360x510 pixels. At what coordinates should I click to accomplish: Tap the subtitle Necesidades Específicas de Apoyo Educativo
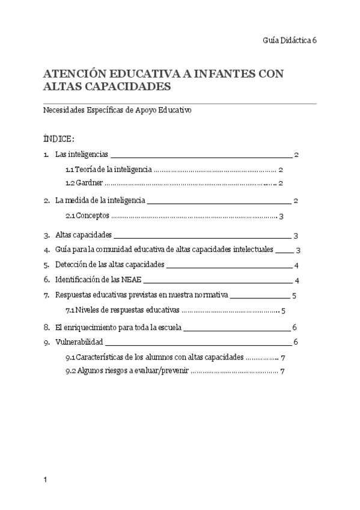(x=118, y=111)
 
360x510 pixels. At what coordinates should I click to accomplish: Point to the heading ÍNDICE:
(x=59, y=140)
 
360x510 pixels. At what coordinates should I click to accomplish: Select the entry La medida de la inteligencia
(x=99, y=200)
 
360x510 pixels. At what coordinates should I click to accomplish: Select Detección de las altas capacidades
(x=109, y=265)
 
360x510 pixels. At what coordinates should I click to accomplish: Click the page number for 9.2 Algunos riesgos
(x=281, y=372)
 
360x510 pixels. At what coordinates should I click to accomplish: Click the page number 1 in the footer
(x=46, y=480)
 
